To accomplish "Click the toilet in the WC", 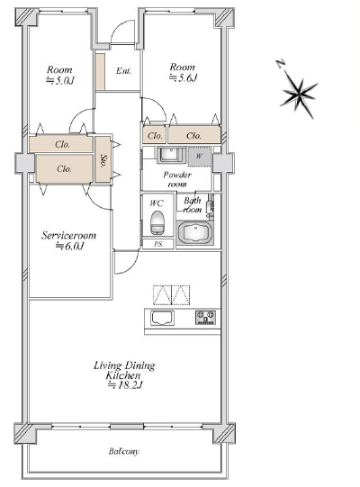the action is [x=157, y=223].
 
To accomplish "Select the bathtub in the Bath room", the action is [x=195, y=233].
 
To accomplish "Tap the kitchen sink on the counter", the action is [x=162, y=318].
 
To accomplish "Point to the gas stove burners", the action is [x=205, y=317].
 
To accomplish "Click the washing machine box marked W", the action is [x=199, y=157].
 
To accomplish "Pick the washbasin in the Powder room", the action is [x=172, y=155].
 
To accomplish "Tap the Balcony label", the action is [x=123, y=451].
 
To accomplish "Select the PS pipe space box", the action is [x=157, y=244].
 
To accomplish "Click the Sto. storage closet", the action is [x=103, y=159].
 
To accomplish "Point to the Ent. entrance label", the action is [x=123, y=71].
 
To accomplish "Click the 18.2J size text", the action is [x=125, y=385].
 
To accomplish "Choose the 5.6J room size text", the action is [x=183, y=77].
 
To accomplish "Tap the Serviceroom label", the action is [x=69, y=235].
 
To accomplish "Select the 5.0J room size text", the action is [x=60, y=80].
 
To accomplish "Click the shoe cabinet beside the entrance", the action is [x=100, y=72].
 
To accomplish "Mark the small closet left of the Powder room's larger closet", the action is [x=155, y=135].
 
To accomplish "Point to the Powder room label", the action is [x=177, y=179].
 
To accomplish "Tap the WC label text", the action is [x=157, y=203].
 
